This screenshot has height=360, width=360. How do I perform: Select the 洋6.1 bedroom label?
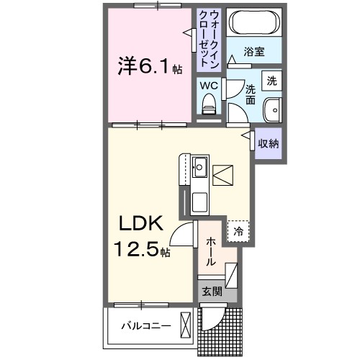point(143,67)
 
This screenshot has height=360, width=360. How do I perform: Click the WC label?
point(208,85)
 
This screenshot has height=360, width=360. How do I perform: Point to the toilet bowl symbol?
point(209,106)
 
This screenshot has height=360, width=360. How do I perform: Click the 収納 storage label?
point(268,143)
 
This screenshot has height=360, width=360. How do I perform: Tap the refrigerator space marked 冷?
point(237,231)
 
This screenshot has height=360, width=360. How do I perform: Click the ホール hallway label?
point(210,251)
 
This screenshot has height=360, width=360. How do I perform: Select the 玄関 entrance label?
point(210,292)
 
